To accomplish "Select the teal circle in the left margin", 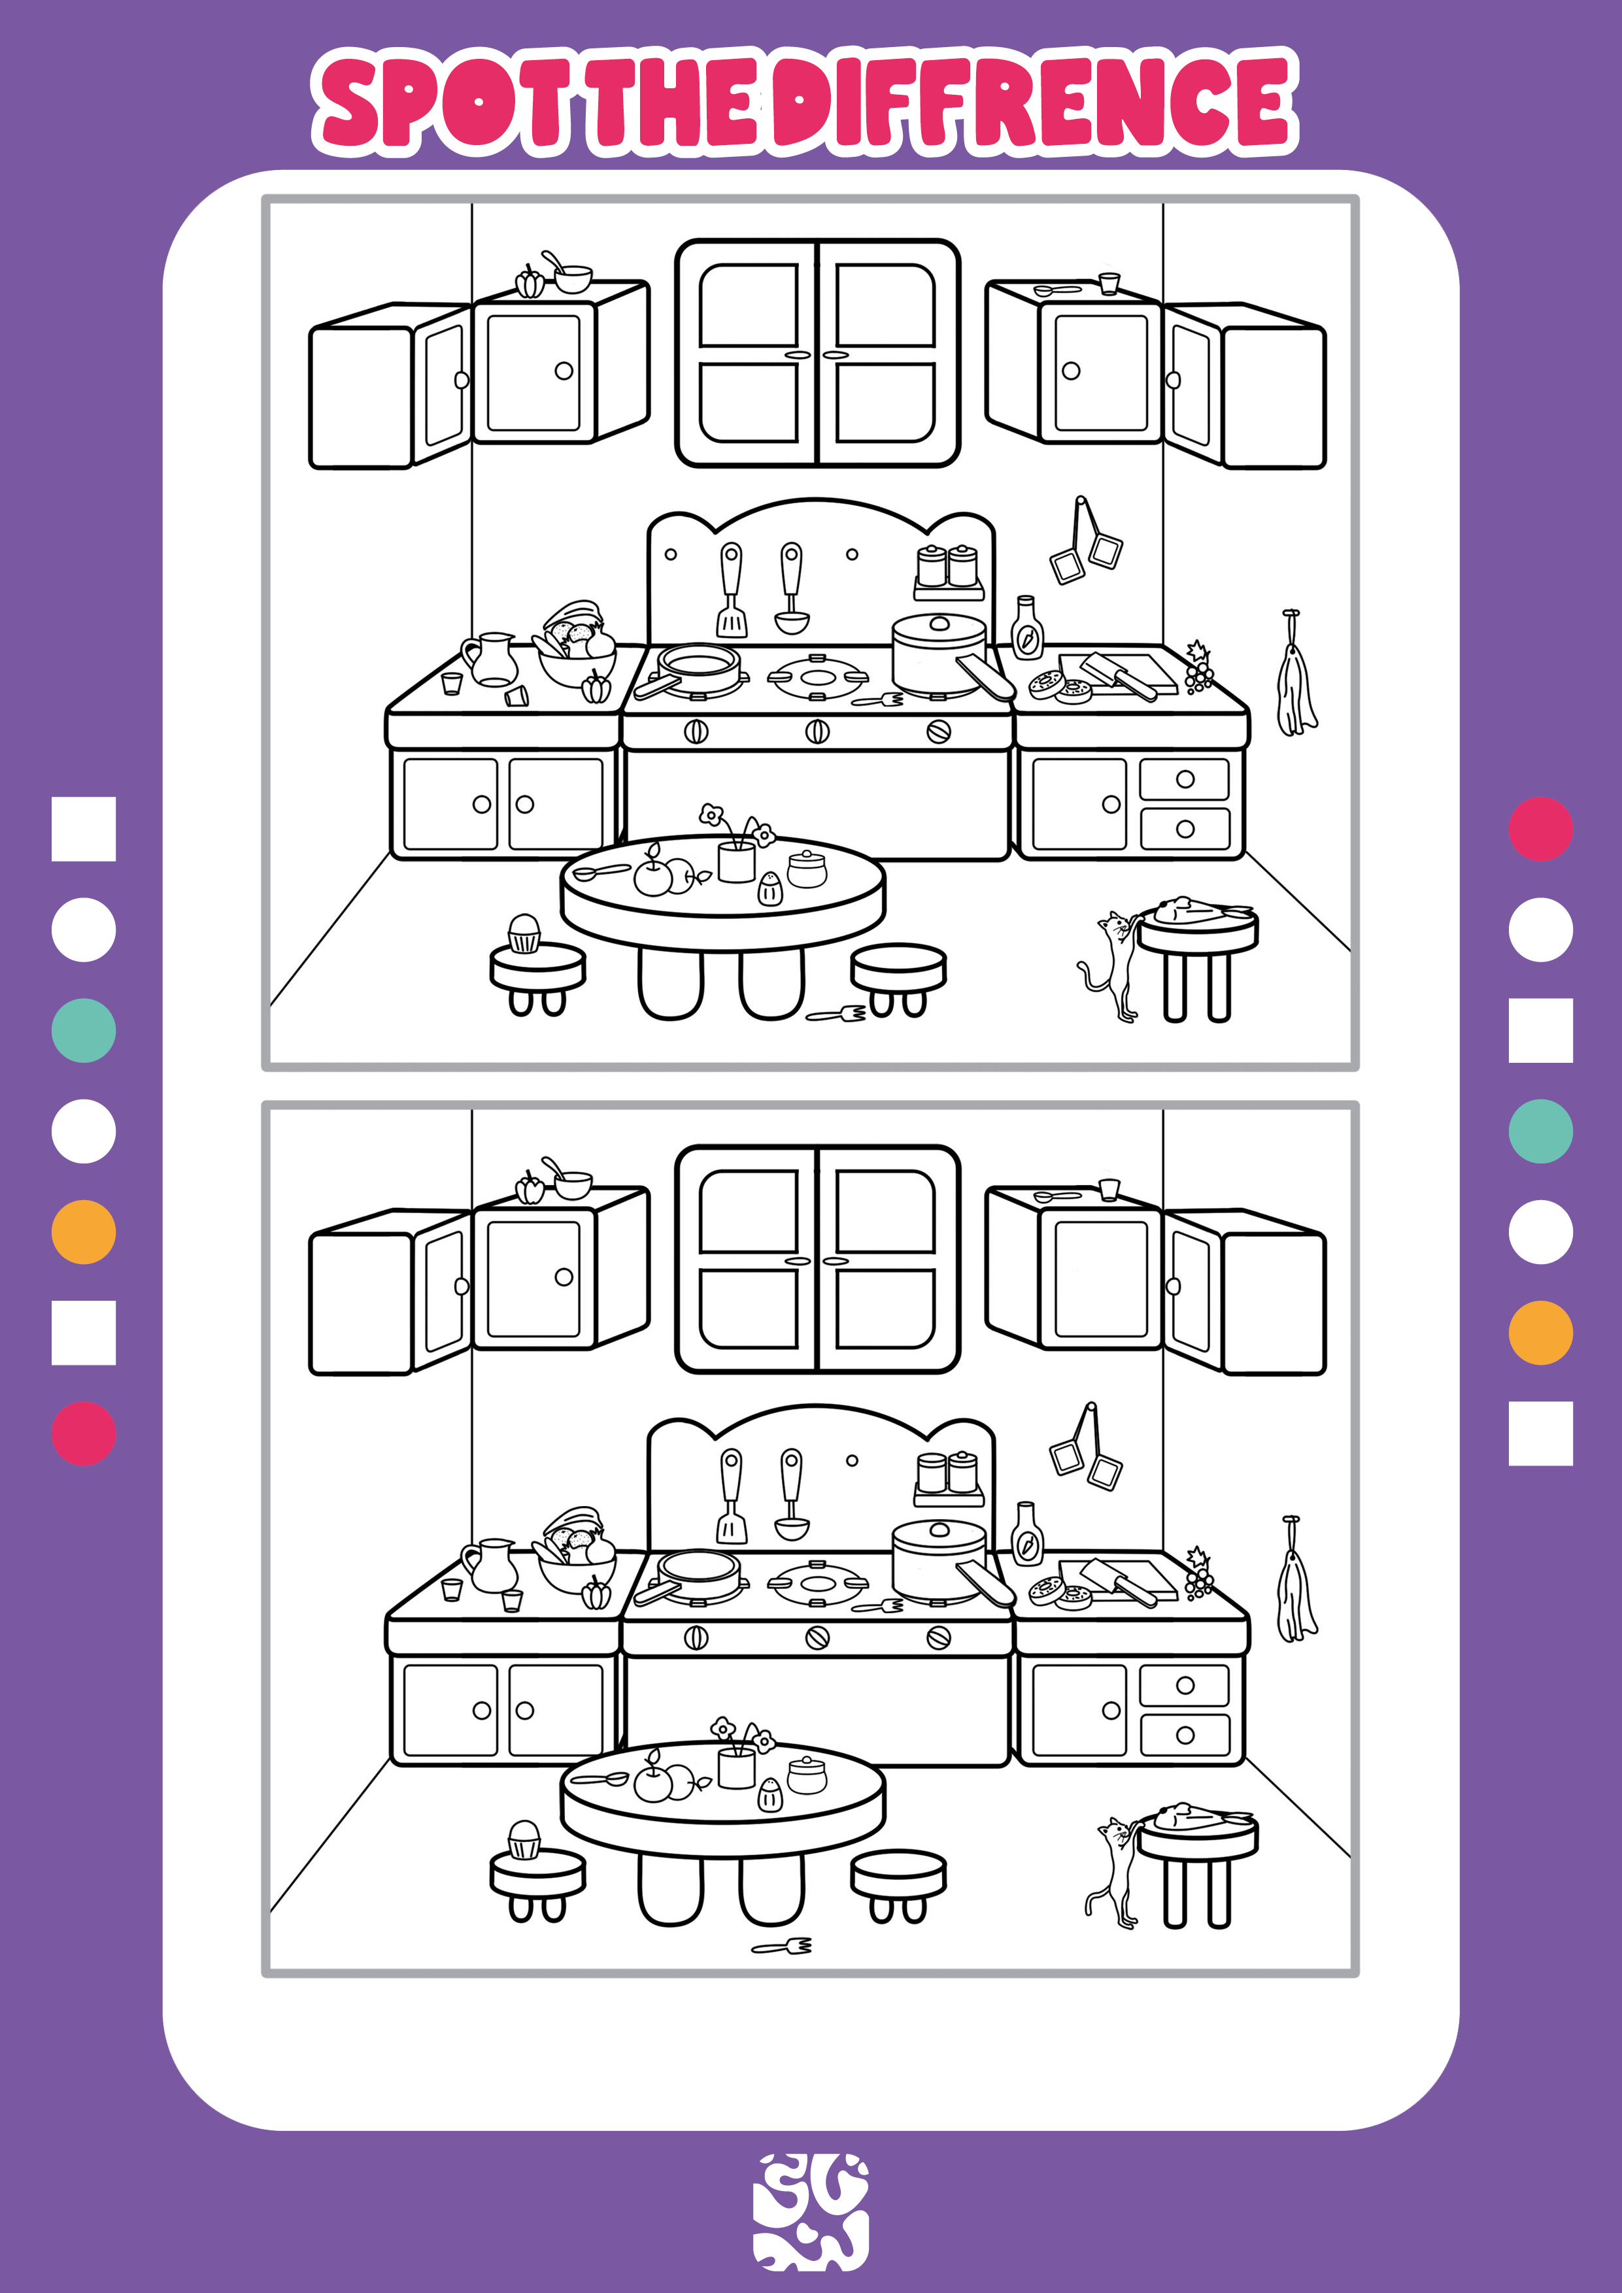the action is (x=84, y=1029).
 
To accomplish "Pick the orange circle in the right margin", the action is (x=1540, y=1332).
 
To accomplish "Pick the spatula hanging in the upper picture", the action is (x=731, y=589).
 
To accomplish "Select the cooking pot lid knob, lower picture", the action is (x=939, y=1529).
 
